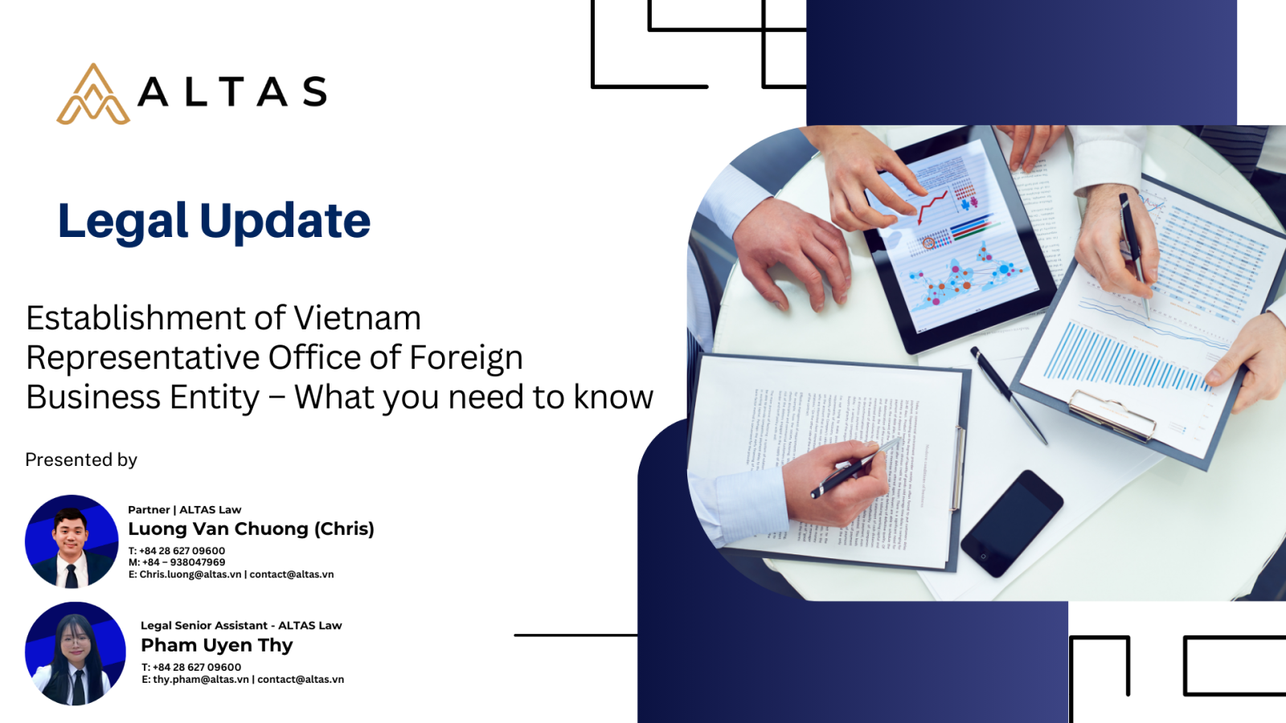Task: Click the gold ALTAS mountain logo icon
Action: [x=93, y=94]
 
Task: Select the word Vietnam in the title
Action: [x=357, y=318]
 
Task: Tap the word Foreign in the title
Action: [x=465, y=358]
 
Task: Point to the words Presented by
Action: [x=81, y=460]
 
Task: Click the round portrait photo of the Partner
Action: [x=72, y=541]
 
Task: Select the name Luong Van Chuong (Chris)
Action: [x=251, y=529]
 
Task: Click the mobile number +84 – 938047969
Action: [x=184, y=562]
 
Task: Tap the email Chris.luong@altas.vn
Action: [x=190, y=574]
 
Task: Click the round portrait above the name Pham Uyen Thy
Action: [x=76, y=653]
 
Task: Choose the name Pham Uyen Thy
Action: [x=216, y=646]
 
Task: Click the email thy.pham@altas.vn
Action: [x=201, y=680]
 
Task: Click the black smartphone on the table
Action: [x=1012, y=523]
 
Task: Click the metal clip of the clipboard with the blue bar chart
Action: [x=1112, y=415]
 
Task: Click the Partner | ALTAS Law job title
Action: [x=184, y=509]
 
